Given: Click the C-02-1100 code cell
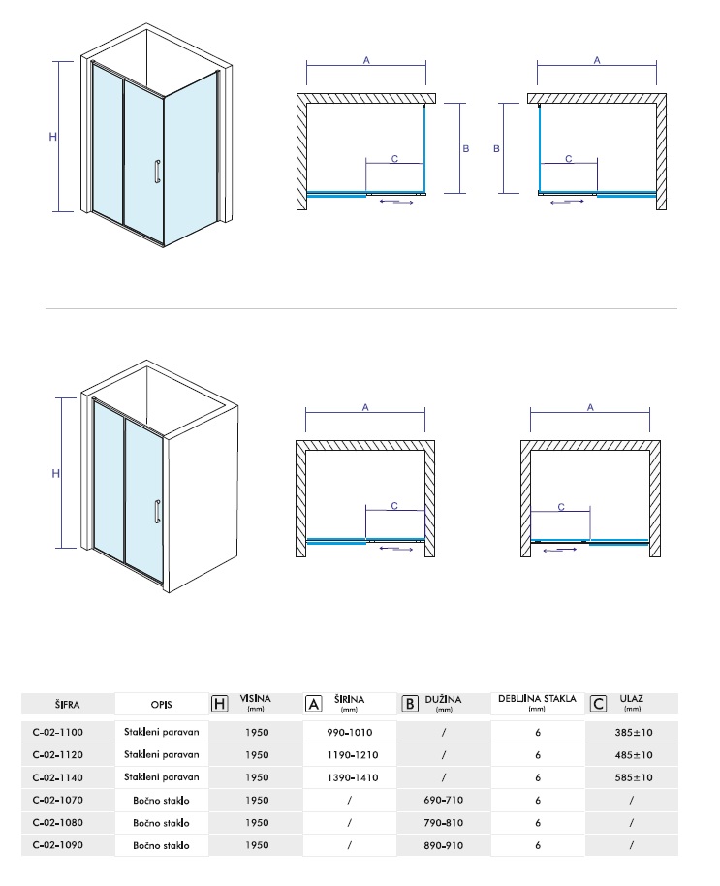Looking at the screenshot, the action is pos(57,732).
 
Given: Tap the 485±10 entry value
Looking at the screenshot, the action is pos(634,755).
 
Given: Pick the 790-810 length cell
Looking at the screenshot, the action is pos(443,823).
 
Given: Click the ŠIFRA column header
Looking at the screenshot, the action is pos(67,705).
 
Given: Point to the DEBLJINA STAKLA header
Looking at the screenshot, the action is pos(537,699).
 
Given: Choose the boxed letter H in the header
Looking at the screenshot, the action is pos(219,704).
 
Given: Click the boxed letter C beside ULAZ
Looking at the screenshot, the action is pos(598,704).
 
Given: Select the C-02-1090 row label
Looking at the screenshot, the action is pos(57,845).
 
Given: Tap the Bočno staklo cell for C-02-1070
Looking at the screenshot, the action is pos(161,800).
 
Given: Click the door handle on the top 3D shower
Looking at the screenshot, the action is pos(158,173).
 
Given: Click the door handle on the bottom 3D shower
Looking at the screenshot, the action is pos(158,512).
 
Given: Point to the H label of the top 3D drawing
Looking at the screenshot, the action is pos(53,136).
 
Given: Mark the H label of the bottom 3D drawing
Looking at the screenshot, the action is pos(55,473).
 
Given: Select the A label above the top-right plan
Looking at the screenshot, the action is pos(597,60).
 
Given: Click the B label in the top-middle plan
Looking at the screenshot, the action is pos(466,148).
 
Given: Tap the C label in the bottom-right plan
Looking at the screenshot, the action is pos(561,507).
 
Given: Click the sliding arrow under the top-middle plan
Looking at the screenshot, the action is pos(397,201).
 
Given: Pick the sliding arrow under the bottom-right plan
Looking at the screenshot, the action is pos(560,549).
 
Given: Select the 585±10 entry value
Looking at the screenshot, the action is pos(634,777).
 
